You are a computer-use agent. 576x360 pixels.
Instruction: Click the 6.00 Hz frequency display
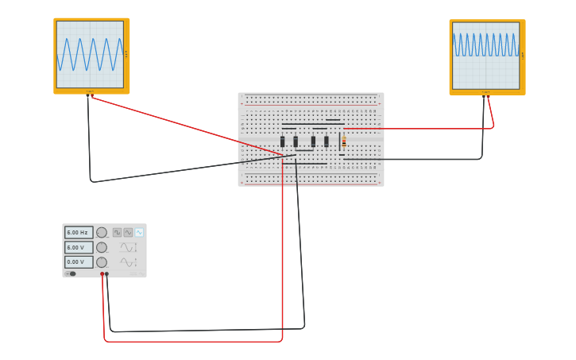78,233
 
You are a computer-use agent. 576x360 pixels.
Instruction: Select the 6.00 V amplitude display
78,247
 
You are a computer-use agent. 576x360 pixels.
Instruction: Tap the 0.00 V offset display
78,261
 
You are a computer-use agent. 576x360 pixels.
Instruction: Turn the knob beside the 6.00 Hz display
102,233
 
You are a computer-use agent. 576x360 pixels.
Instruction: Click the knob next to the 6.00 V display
102,247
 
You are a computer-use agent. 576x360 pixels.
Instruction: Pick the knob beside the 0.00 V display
102,262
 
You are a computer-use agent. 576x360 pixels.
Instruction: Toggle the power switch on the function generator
71,273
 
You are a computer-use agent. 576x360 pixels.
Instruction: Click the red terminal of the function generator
102,274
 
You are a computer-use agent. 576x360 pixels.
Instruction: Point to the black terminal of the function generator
107,274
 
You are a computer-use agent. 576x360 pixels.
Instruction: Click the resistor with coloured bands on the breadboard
344,141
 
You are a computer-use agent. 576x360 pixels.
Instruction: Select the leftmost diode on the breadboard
282,141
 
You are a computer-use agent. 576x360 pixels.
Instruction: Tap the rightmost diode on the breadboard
326,141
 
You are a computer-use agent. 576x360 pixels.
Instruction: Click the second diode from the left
296,141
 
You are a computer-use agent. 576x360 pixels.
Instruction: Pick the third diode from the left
313,141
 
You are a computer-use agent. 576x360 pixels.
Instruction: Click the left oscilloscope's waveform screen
90,54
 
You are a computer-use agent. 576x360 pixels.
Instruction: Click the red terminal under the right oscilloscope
488,94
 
